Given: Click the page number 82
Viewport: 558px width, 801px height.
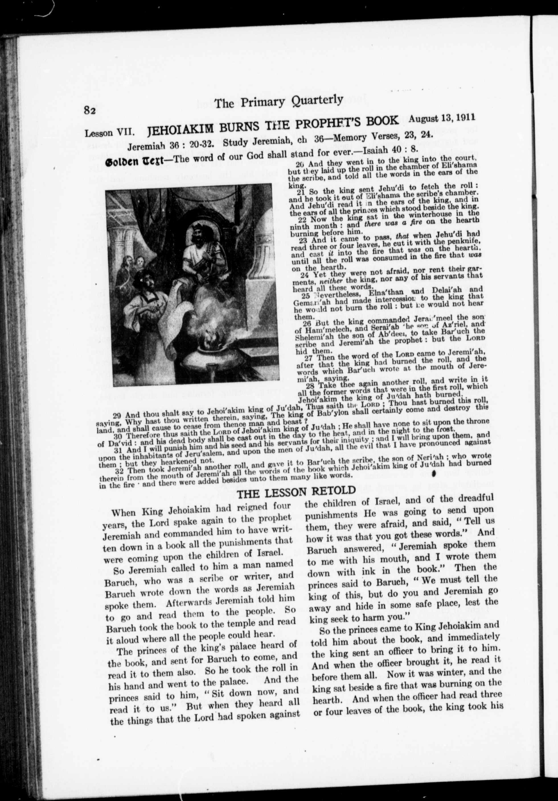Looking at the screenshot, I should tap(90, 110).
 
